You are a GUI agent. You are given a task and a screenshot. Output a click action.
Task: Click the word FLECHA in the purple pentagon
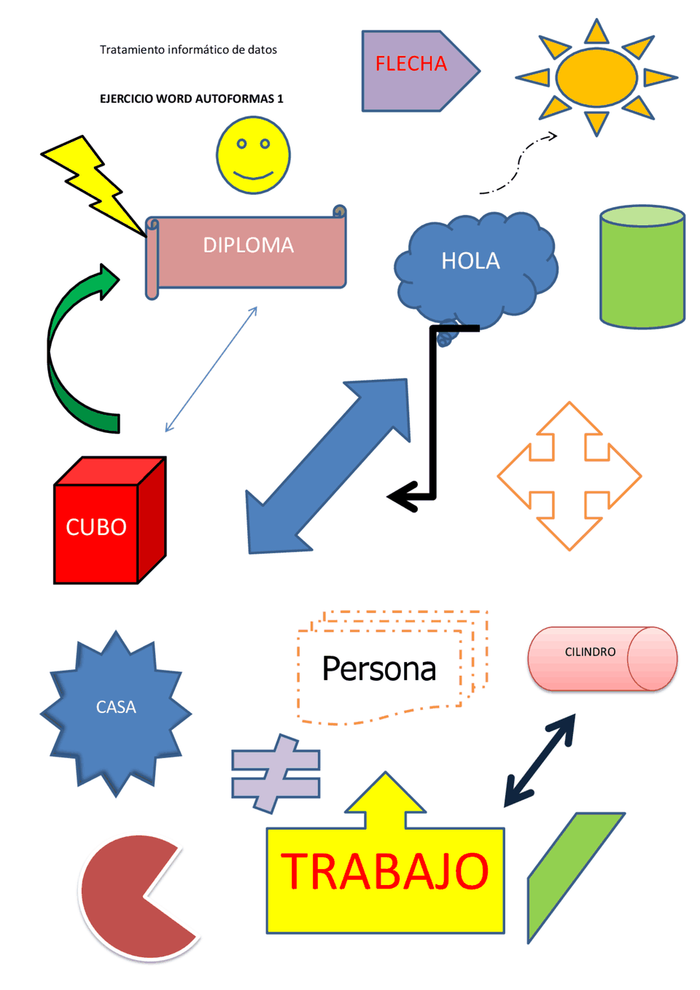[x=411, y=64]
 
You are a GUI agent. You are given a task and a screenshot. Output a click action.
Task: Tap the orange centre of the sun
[x=596, y=77]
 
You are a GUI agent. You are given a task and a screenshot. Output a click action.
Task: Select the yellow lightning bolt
[x=91, y=182]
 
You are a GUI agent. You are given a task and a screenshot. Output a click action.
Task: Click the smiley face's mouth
[x=253, y=175]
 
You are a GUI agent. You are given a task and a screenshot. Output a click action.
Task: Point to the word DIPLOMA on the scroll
[x=248, y=245]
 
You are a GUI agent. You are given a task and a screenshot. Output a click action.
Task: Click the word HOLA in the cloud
[x=470, y=261]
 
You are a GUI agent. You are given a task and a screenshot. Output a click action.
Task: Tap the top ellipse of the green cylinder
[x=642, y=216]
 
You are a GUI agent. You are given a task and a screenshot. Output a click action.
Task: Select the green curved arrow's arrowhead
[x=107, y=281]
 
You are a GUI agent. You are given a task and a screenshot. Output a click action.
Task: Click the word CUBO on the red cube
[x=96, y=527]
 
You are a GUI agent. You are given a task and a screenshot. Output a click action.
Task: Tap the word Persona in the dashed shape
[x=378, y=669]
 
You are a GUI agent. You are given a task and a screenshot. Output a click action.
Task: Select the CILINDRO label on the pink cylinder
[x=590, y=652]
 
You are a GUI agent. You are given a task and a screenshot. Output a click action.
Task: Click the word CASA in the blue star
[x=116, y=707]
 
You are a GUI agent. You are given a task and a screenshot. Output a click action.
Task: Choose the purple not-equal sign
[x=276, y=773]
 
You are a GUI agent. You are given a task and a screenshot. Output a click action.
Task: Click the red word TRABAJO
[x=385, y=872]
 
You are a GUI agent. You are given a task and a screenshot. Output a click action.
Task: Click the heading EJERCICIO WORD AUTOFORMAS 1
[x=191, y=98]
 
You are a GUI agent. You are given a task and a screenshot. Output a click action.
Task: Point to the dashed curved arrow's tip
[x=555, y=135]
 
